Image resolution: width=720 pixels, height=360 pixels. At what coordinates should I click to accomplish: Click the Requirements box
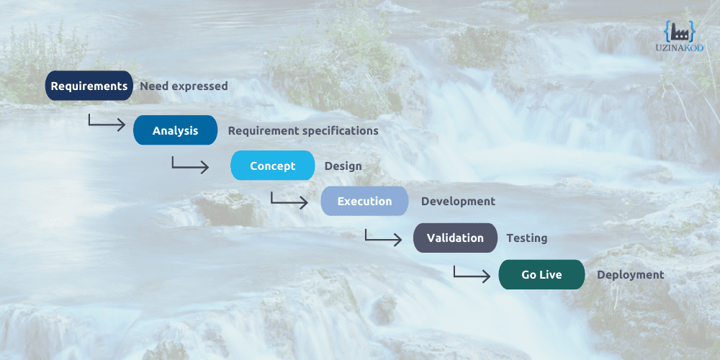pos(89,86)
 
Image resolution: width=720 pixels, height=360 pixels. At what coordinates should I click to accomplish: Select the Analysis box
pos(175,130)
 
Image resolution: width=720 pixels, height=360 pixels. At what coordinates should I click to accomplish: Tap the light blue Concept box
pos(272,166)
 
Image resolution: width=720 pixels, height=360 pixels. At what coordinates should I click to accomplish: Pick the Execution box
pos(364,201)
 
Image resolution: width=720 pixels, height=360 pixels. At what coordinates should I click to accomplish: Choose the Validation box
pos(455,238)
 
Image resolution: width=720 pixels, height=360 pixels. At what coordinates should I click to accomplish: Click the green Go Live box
pos(541,274)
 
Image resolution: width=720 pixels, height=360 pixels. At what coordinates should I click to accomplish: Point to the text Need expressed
pos(184,86)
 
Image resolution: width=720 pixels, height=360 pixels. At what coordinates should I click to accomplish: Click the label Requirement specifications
pos(303,131)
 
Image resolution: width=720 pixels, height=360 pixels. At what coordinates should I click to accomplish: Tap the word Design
pos(343,166)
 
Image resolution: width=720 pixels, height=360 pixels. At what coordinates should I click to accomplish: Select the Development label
pos(458,202)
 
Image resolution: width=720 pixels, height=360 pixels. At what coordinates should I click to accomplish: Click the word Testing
pos(526,238)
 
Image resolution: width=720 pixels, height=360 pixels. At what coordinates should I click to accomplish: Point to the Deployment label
pos(630,275)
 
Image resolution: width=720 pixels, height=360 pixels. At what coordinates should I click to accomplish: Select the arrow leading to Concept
pos(190,164)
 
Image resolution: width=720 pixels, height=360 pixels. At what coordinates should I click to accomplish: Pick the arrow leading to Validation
pos(383,238)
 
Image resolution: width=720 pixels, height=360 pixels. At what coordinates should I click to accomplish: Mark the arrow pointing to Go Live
pos(472,274)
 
